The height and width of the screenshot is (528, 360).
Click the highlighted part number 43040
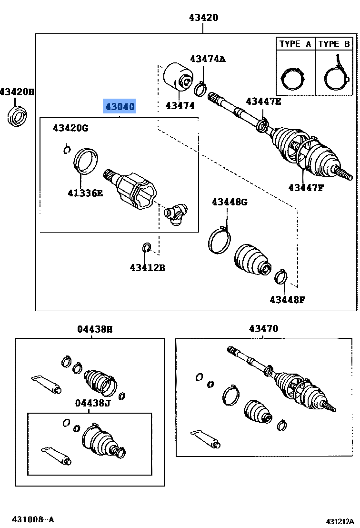(120, 107)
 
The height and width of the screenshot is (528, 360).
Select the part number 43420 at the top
(203, 18)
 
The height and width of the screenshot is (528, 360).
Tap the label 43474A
(207, 59)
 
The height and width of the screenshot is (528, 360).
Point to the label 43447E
(263, 101)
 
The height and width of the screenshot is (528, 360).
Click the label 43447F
(305, 187)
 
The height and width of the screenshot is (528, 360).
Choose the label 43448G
(230, 202)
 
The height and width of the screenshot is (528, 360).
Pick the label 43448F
(287, 299)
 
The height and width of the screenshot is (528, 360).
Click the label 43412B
(147, 268)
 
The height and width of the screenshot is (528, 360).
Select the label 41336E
(85, 193)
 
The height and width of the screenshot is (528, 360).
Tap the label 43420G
(70, 128)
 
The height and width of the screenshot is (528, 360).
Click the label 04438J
(92, 404)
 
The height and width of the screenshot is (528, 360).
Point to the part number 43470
(263, 329)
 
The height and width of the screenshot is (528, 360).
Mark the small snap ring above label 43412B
(147, 247)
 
